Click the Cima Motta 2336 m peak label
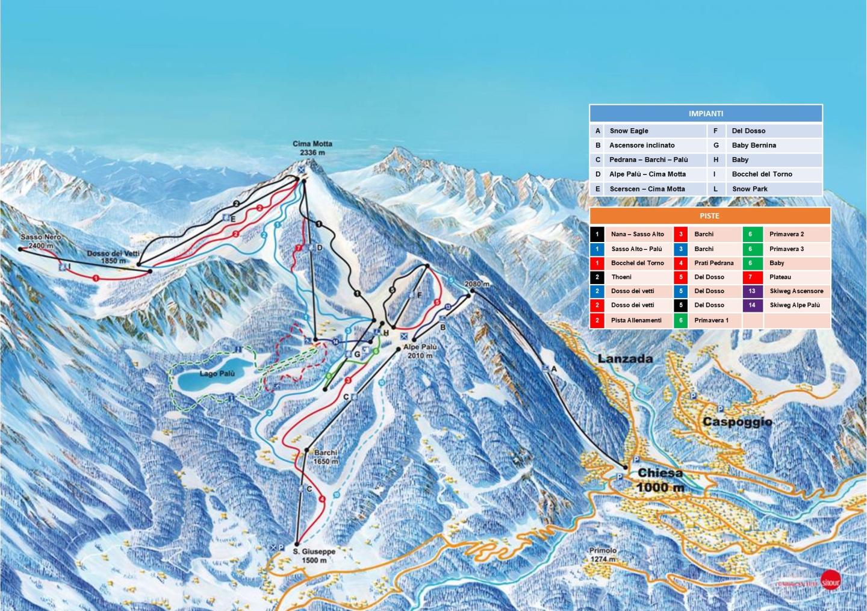coord(312,148)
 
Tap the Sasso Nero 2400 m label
coord(40,241)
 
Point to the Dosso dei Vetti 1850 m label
coord(113,257)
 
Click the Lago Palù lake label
coord(217,374)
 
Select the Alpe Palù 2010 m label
coord(420,352)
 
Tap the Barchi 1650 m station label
coord(326,457)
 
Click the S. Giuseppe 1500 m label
coord(314,556)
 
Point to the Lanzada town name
coord(625,359)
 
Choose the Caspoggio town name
coord(737,422)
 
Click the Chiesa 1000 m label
coord(660,480)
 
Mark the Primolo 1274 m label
coord(603,554)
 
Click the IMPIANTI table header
coord(706,113)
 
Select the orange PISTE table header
coord(709,216)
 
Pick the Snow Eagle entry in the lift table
coord(629,131)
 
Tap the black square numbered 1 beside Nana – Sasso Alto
coord(597,234)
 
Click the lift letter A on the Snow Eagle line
coord(554,369)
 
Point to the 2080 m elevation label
coord(477,284)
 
